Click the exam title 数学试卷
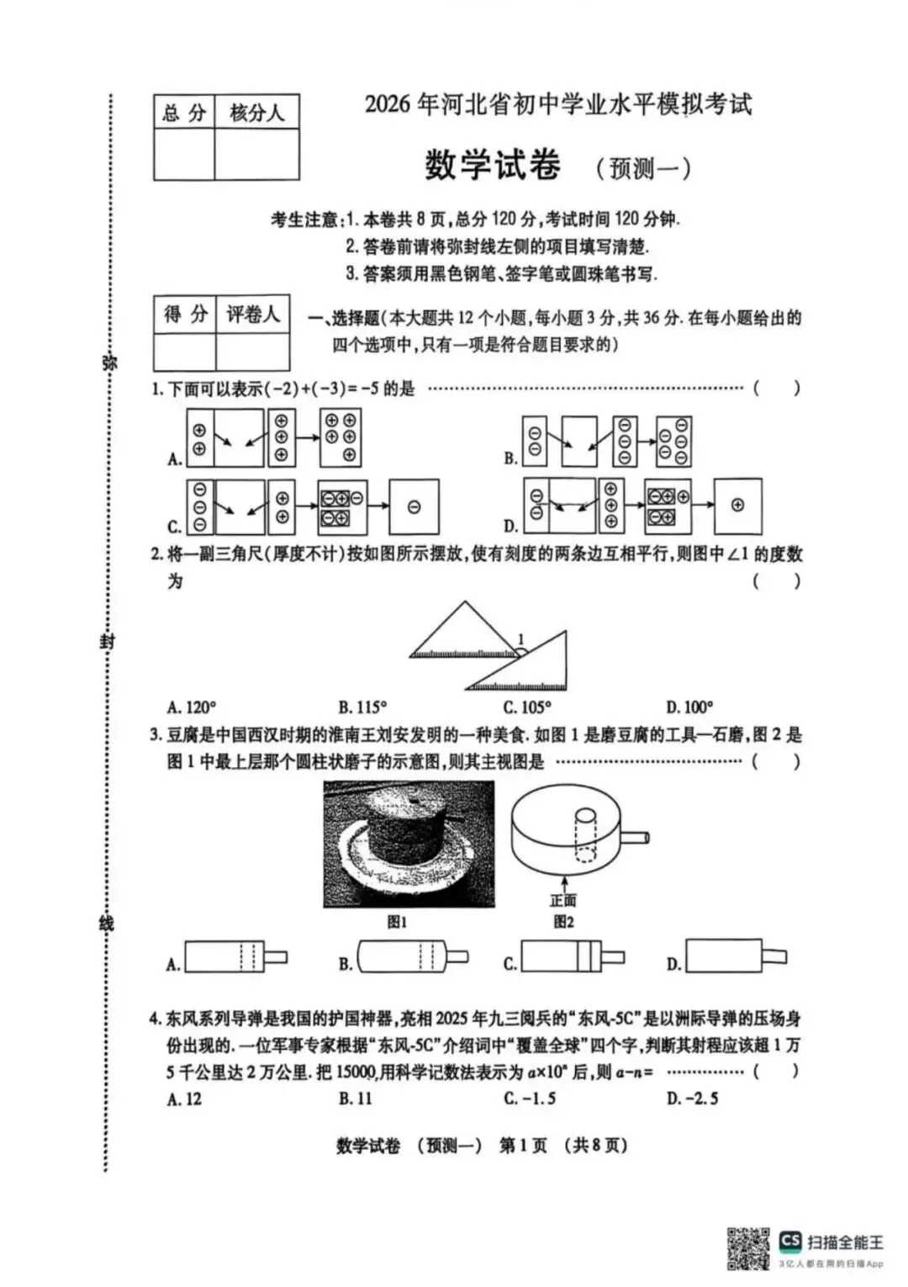492,164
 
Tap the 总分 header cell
184,113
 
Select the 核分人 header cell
256,113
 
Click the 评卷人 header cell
252,315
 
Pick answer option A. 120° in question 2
191,707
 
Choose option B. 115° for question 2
362,707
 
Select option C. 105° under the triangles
527,707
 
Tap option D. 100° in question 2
689,707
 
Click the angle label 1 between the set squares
520,640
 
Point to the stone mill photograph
409,844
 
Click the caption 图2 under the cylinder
563,922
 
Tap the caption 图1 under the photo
397,922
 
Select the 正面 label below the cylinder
563,901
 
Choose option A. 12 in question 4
184,1099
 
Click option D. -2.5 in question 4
692,1099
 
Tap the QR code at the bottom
748,1248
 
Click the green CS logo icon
790,1241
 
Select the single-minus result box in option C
414,506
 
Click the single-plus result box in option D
737,506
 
